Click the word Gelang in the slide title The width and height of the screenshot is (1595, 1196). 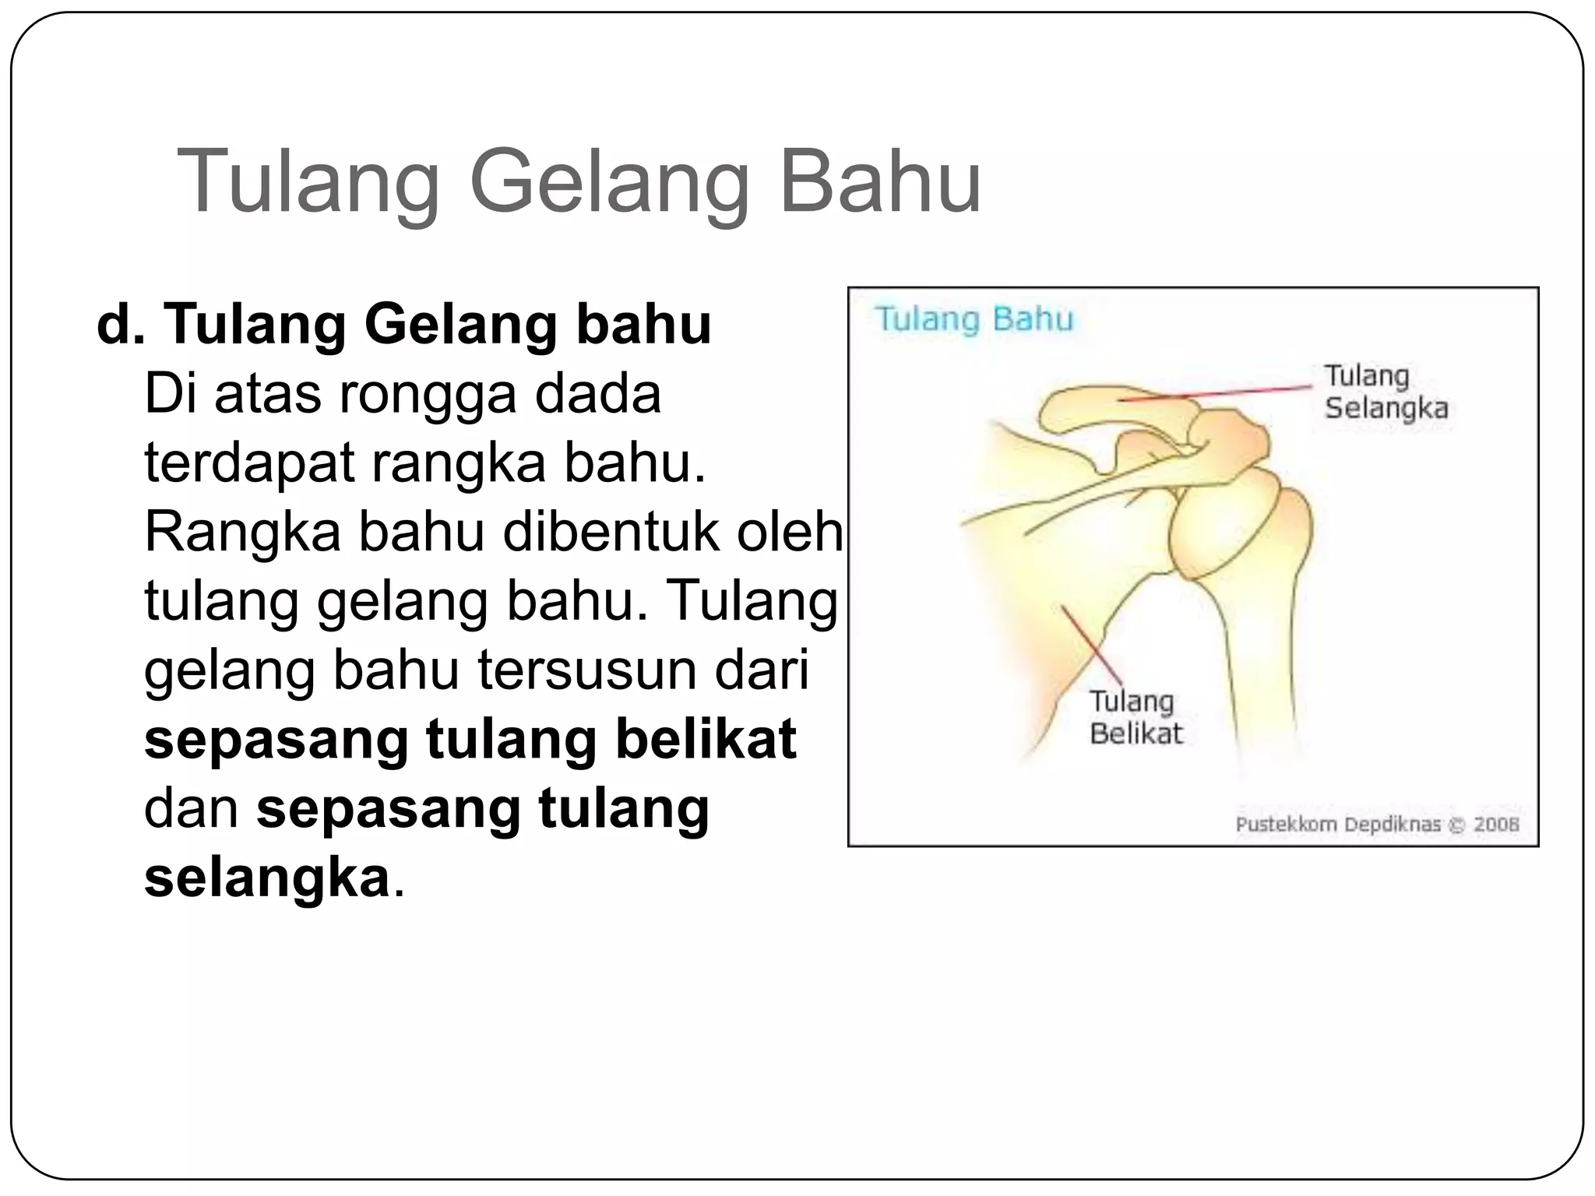[x=608, y=185]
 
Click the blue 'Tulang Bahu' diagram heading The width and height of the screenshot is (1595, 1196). [x=974, y=319]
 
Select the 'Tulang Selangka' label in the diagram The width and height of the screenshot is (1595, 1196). [x=1386, y=392]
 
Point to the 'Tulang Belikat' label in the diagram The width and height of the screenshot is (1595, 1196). [x=1135, y=717]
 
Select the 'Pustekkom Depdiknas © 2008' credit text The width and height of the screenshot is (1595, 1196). [x=1377, y=825]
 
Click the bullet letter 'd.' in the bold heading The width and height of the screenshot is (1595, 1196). [x=121, y=324]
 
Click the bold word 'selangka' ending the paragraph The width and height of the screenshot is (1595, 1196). [x=266, y=878]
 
